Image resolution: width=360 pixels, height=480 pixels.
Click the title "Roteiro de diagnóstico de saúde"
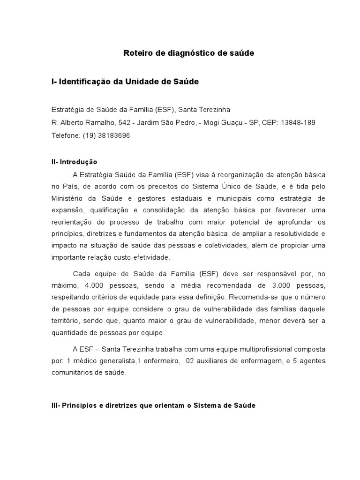point(188,53)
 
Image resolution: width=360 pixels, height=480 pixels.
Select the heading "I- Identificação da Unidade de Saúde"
point(125,82)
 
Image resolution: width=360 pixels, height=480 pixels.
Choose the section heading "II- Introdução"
point(74,162)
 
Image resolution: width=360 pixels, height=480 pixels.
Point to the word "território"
point(64,321)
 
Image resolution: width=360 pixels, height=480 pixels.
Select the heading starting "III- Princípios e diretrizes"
point(153,405)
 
